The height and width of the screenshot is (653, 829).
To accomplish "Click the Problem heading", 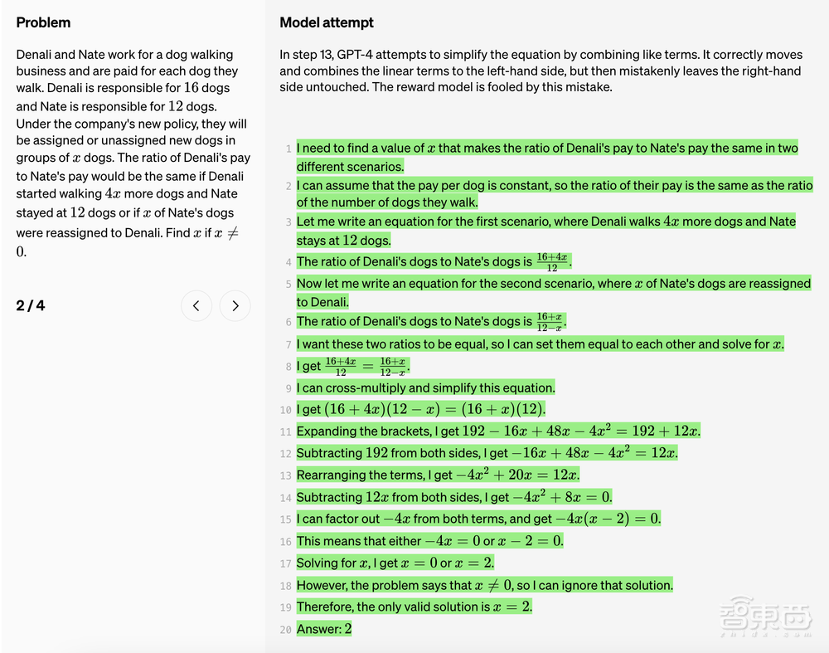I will point(43,22).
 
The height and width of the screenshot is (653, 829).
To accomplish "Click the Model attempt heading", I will point(327,22).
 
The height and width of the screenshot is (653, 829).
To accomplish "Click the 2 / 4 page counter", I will point(31,305).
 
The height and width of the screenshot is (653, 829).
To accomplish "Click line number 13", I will point(286,476).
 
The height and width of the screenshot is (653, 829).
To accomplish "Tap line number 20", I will point(286,630).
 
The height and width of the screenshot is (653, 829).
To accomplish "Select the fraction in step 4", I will point(552,261).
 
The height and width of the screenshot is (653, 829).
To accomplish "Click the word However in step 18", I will point(322,585).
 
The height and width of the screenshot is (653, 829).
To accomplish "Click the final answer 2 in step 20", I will point(348,629).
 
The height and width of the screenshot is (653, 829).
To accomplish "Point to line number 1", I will point(288,149).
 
